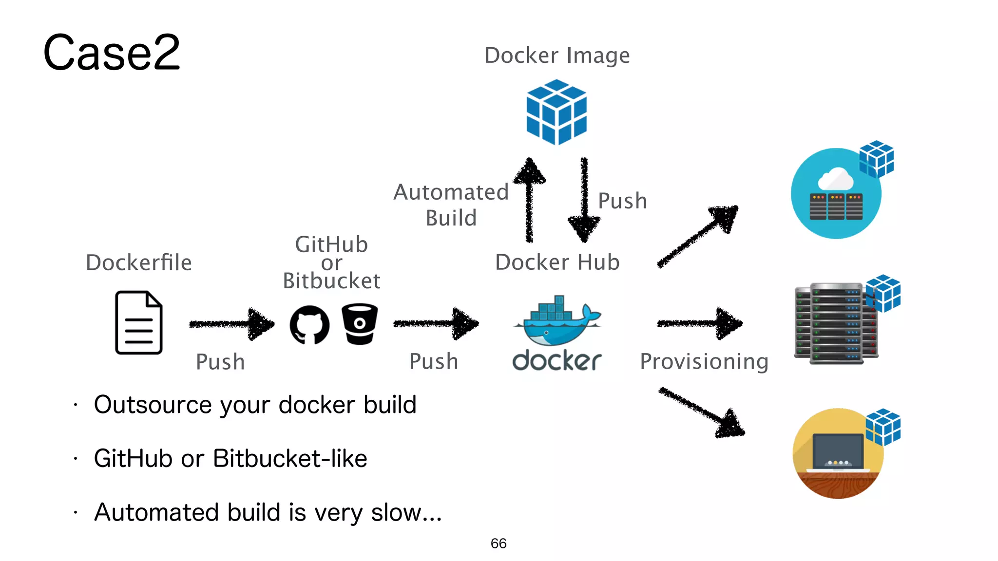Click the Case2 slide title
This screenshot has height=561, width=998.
point(112,53)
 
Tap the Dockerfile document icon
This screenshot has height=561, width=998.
point(139,322)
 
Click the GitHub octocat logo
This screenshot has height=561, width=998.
point(309,325)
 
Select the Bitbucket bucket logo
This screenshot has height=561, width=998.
point(360,324)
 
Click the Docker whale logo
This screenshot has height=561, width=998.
point(557,324)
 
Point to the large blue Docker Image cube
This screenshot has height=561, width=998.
point(557,112)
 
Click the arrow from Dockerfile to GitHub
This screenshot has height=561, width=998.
point(231,324)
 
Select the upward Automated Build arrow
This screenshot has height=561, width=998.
point(530,200)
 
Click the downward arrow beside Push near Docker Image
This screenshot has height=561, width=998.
point(584,200)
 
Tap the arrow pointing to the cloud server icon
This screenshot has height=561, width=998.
point(698,236)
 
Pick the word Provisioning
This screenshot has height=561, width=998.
point(704,361)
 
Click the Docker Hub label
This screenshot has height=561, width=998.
point(557,262)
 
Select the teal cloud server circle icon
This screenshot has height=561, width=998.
point(836,194)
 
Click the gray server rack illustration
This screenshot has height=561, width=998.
point(836,323)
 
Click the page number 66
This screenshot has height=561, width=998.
point(499,543)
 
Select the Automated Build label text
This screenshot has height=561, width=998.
point(451,205)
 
